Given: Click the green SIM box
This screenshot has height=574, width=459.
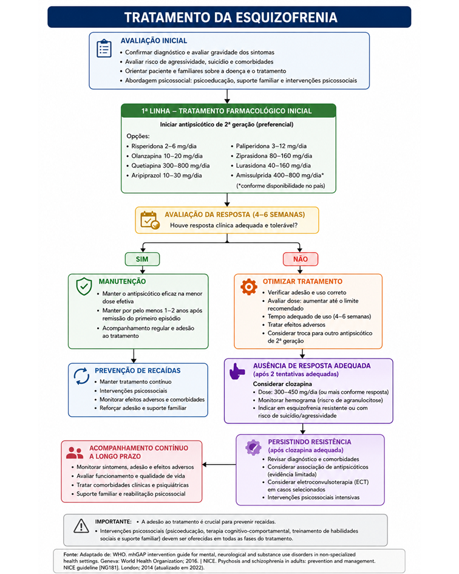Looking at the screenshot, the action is click(x=143, y=259).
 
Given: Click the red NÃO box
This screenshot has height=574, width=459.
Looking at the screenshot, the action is click(x=300, y=259).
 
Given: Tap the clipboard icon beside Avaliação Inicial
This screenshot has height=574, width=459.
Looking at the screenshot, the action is click(x=104, y=49).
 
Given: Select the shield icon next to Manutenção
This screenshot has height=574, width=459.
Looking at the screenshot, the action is click(x=84, y=286).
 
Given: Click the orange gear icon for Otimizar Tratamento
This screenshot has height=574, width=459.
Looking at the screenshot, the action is click(x=249, y=287).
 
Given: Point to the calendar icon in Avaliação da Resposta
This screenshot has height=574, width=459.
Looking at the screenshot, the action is click(x=150, y=220).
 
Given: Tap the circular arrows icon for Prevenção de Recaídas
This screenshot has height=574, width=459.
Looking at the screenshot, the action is click(x=81, y=377).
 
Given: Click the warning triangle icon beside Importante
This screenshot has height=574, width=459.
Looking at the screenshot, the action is click(x=81, y=525).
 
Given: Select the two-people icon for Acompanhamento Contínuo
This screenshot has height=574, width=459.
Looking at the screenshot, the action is click(x=75, y=453).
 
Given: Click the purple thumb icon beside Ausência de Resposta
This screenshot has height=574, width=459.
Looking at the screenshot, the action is click(x=237, y=371).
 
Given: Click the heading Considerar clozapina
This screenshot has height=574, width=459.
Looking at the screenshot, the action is click(x=282, y=384).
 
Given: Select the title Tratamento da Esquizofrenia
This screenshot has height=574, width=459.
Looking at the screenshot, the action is click(x=231, y=18).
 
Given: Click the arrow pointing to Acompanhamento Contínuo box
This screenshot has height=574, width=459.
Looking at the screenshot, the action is click(x=219, y=465).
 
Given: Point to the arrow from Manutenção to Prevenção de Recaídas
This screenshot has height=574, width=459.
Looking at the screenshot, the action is click(x=134, y=356).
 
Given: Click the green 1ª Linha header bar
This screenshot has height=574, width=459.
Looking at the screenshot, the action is click(x=228, y=111).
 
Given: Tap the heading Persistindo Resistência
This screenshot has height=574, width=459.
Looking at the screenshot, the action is click(x=309, y=442).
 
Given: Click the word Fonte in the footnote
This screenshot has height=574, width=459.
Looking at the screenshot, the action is click(x=70, y=555).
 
